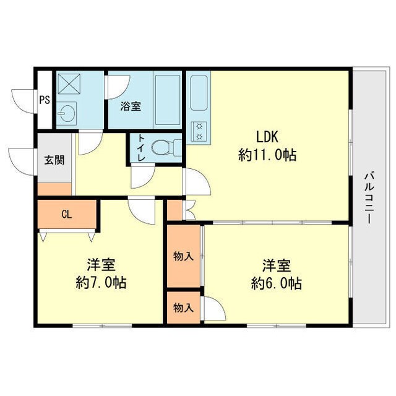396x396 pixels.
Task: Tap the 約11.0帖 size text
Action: pos(267,155)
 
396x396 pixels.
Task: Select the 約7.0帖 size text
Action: pos(101,283)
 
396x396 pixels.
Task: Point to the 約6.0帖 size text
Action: pos(277,283)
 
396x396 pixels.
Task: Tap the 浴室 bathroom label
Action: pos(131,106)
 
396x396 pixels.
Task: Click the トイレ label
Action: pos(141,148)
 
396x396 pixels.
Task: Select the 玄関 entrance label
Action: pos(53,160)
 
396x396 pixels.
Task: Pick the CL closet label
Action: pos(67,215)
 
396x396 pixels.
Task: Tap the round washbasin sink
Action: pos(66,113)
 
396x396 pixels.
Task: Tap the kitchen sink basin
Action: pos(199,93)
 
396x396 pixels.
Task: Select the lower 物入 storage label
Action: pos(183,308)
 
